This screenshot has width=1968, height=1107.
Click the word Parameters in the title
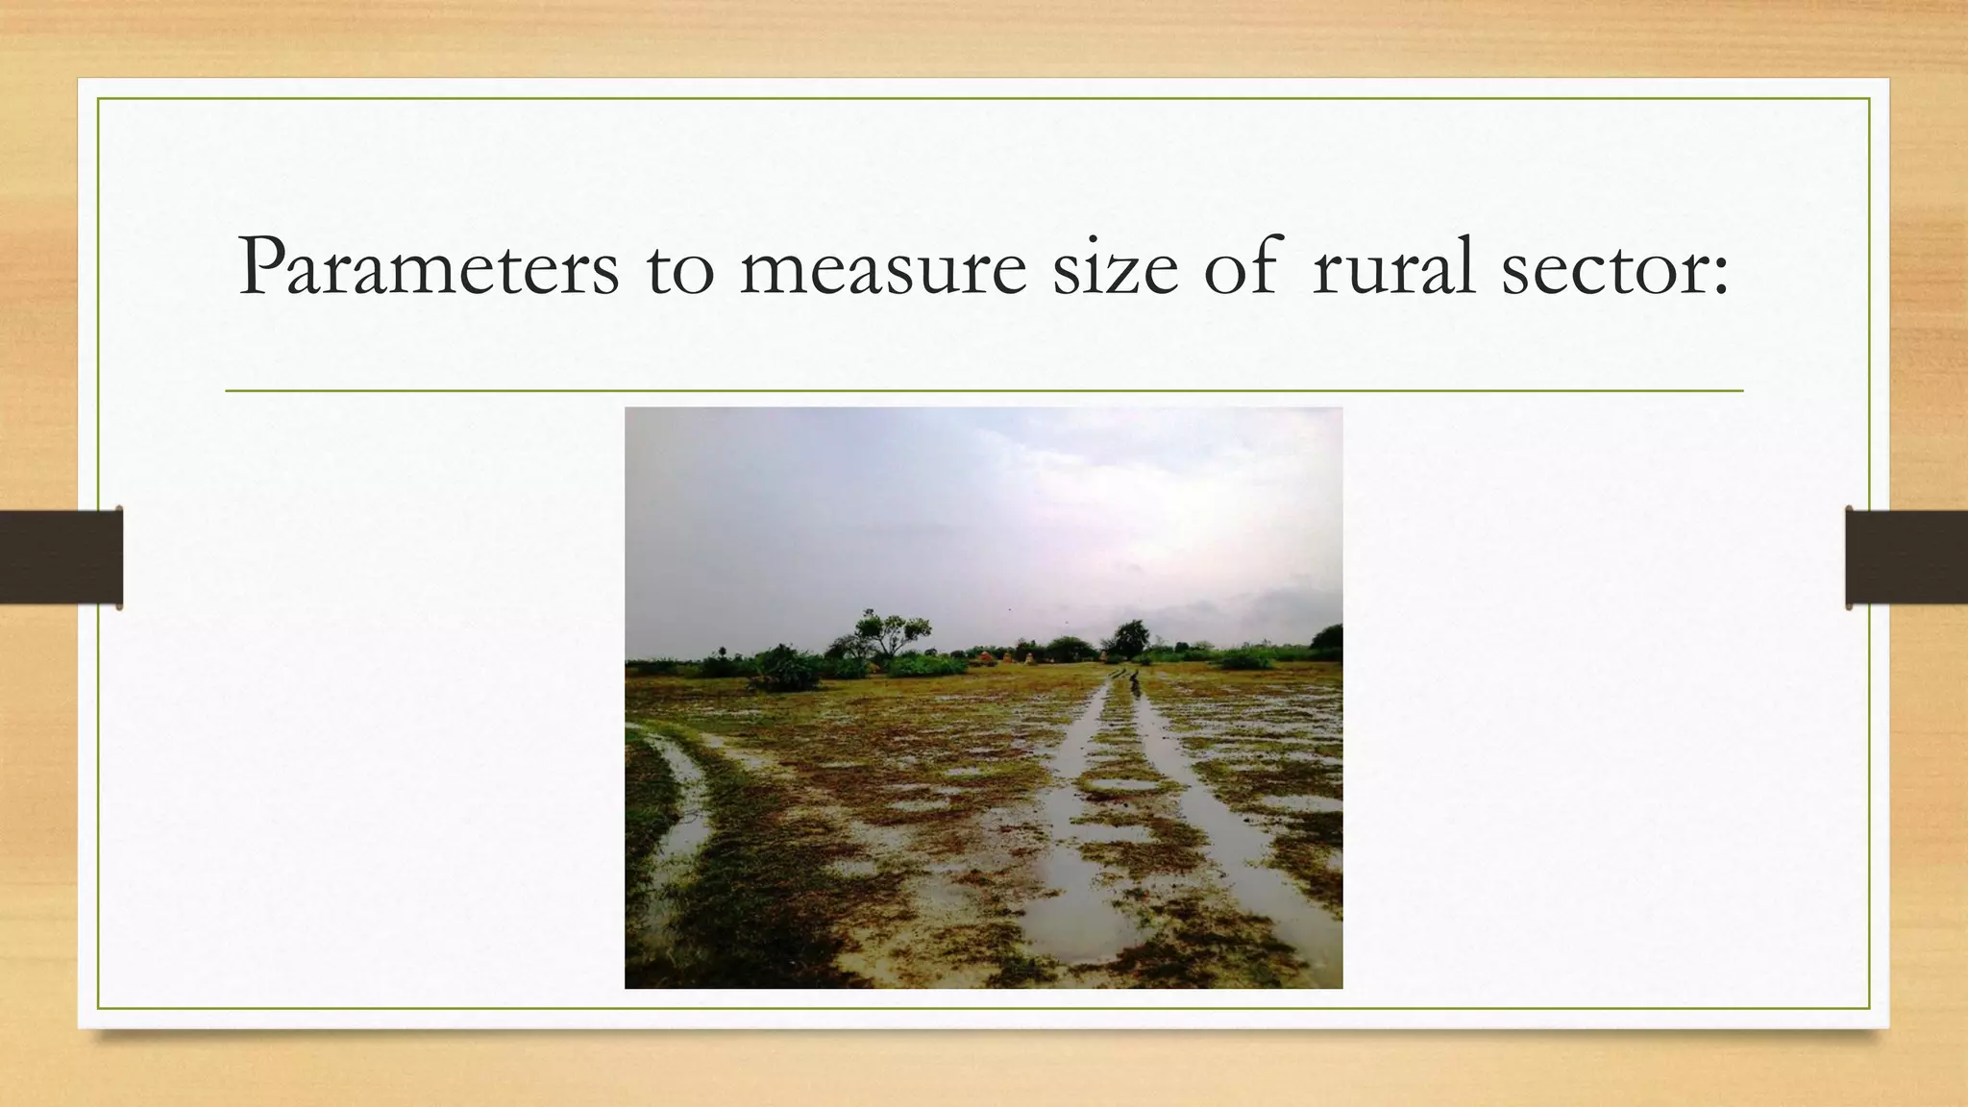[x=429, y=267]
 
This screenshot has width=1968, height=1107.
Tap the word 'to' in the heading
[x=680, y=269]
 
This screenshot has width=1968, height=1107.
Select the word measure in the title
[x=883, y=269]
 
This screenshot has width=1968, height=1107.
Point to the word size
[x=1115, y=267]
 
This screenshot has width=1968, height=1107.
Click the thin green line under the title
[x=984, y=391]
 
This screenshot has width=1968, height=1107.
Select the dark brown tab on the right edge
[x=1906, y=557]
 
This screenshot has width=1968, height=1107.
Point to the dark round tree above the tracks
[x=1131, y=636]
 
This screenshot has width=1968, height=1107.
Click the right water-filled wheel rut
[x=1240, y=865]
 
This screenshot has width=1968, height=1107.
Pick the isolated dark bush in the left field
[x=785, y=670]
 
